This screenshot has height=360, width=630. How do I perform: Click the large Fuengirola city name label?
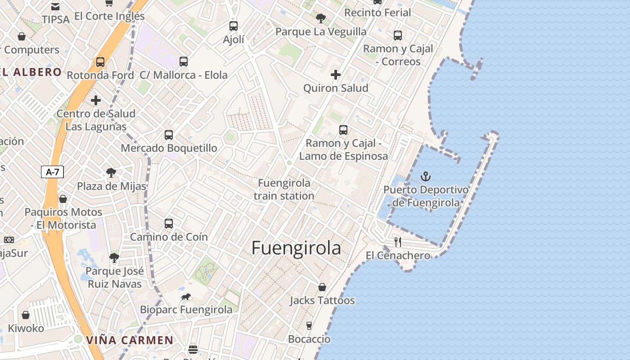tap(296, 248)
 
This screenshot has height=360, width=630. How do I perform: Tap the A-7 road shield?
tap(53, 172)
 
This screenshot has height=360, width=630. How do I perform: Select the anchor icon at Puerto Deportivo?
tap(425, 176)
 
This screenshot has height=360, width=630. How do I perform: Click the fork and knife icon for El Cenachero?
tap(397, 242)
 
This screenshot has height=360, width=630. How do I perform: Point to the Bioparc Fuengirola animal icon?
tap(186, 297)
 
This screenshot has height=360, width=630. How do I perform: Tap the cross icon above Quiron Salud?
tap(336, 75)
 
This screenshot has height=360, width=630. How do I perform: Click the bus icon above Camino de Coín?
tap(169, 223)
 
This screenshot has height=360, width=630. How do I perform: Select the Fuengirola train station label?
tap(284, 189)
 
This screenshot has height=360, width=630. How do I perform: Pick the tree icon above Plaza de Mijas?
tap(111, 172)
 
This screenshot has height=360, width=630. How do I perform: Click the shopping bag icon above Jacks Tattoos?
tap(322, 287)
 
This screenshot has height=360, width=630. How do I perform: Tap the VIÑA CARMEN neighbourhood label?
tap(130, 340)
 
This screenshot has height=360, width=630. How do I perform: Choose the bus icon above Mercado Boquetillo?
tap(169, 135)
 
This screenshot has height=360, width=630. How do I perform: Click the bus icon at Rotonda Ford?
tap(100, 62)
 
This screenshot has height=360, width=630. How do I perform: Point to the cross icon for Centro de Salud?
tap(96, 100)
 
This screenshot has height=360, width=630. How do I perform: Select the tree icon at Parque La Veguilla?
tap(321, 18)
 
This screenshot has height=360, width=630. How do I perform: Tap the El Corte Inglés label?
tap(109, 16)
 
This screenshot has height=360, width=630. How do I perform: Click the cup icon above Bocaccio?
tap(309, 325)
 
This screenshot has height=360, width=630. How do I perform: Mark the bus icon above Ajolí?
tap(234, 26)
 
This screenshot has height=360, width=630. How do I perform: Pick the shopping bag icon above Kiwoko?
tap(26, 315)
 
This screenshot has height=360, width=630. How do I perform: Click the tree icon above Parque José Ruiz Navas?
tap(114, 258)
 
